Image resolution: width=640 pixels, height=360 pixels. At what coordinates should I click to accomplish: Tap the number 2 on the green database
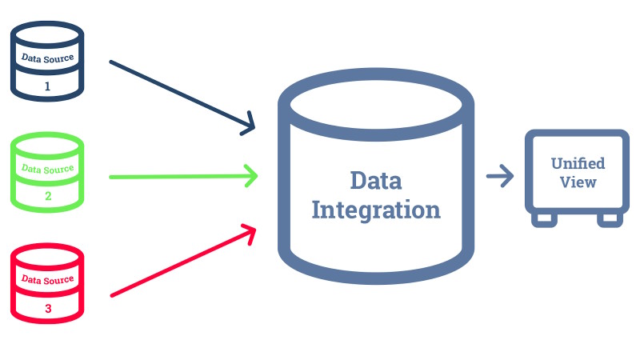click(47, 196)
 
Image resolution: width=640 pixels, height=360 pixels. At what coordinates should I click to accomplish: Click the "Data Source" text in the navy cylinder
click(47, 58)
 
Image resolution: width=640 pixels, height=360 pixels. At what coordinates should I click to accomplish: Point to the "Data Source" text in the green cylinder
click(47, 169)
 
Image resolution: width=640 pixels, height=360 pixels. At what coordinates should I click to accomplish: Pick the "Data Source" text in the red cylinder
click(47, 279)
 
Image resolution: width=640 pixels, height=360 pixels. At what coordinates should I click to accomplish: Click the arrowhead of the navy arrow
click(249, 126)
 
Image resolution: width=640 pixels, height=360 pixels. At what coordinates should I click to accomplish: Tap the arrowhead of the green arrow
click(252, 175)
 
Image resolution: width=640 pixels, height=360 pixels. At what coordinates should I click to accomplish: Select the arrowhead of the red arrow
click(249, 232)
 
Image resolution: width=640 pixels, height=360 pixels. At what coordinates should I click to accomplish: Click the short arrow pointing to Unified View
click(500, 176)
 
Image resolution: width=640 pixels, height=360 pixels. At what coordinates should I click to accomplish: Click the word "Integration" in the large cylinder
click(375, 210)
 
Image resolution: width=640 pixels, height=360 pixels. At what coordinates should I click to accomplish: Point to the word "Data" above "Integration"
click(375, 181)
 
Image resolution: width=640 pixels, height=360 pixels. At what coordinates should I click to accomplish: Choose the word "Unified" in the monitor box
click(578, 163)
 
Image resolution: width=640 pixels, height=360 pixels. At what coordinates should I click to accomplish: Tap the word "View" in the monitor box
click(578, 182)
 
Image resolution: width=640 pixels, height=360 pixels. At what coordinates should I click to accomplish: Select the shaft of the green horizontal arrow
click(176, 176)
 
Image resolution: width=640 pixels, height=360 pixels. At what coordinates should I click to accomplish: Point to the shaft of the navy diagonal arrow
click(176, 94)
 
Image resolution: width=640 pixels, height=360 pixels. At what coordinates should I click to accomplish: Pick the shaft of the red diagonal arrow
click(176, 265)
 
